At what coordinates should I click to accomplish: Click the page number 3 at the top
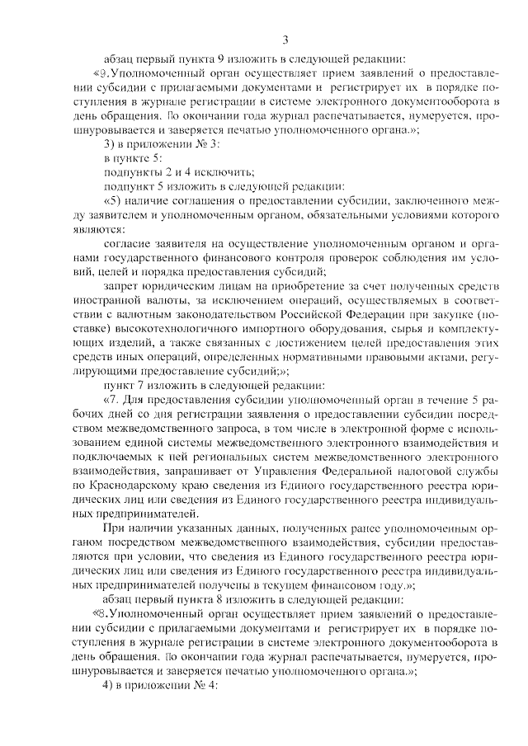tap(285, 39)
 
